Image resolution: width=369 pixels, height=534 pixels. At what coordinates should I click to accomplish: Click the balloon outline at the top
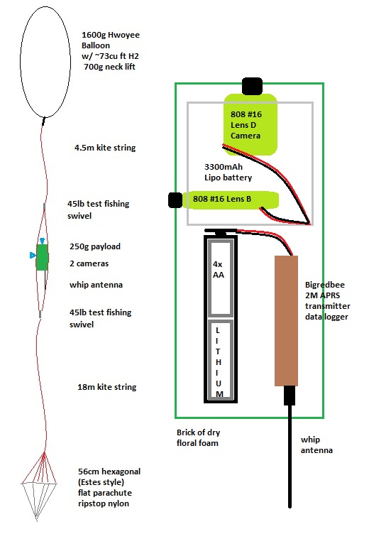(x=21, y=61)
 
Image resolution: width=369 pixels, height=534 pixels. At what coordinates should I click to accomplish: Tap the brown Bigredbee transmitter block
(x=286, y=320)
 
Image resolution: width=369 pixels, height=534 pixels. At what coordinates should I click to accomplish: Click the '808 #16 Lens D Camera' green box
(x=250, y=125)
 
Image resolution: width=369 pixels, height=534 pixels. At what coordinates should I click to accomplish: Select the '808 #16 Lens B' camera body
(x=231, y=200)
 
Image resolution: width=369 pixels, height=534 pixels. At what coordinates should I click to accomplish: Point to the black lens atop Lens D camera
(x=252, y=86)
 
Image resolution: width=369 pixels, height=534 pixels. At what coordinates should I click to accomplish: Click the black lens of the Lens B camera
(x=175, y=200)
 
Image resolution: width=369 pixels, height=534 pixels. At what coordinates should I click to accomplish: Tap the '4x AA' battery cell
(x=220, y=278)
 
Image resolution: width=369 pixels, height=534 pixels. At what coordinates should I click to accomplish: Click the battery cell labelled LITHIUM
(x=220, y=360)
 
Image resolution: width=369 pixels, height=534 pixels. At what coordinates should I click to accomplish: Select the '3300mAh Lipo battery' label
(x=228, y=172)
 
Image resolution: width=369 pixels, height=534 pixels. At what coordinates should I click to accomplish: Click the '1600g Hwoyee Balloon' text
(x=110, y=40)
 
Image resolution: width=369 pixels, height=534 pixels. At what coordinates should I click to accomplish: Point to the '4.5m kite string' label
(x=105, y=148)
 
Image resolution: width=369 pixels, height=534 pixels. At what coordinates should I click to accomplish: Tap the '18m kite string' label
(x=107, y=387)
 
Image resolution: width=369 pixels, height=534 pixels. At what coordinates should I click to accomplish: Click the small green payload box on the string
(x=42, y=257)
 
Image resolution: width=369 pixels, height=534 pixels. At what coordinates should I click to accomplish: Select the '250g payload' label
(x=95, y=246)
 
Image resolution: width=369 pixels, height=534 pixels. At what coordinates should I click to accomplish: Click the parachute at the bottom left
(x=39, y=487)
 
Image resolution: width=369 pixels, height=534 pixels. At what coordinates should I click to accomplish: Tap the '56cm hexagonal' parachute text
(x=109, y=472)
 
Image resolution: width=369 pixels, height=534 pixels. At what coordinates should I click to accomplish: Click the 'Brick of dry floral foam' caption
(x=198, y=437)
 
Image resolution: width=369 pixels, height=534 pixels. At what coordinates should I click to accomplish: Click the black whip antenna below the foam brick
(x=290, y=447)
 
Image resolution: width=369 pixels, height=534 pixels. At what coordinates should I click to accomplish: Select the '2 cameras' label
(x=89, y=263)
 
